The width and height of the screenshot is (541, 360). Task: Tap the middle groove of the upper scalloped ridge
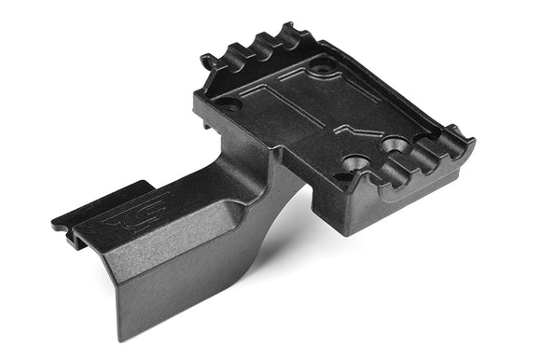tap(264, 40)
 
